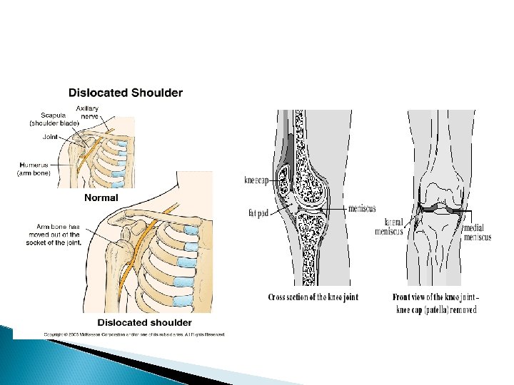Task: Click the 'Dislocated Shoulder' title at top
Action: tap(125, 93)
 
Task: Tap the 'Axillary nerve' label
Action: tap(87, 112)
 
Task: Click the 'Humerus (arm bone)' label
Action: tap(34, 168)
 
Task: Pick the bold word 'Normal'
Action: tap(101, 197)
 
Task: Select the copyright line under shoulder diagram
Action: tap(135, 334)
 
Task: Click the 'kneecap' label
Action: tap(257, 180)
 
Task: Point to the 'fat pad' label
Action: tap(258, 212)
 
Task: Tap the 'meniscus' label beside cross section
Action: tap(363, 209)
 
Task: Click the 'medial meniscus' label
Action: tap(478, 232)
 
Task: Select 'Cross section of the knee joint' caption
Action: tap(313, 297)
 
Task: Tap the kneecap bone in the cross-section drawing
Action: tap(283, 183)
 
